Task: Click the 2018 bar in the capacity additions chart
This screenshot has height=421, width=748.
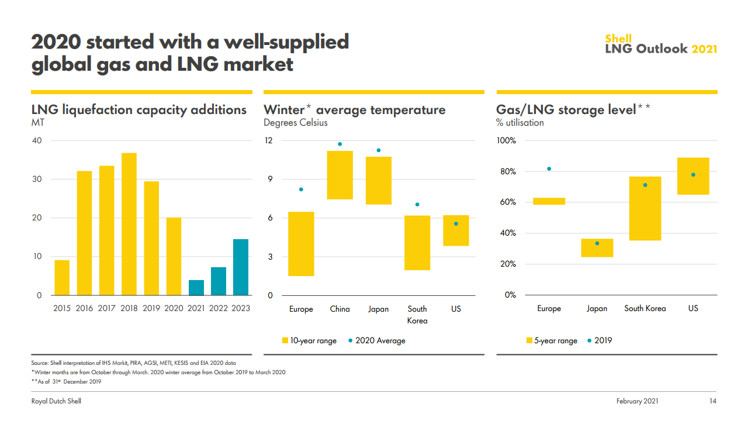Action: coord(129,224)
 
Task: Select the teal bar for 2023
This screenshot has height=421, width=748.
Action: coord(240,267)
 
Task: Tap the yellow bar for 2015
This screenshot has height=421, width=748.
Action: coord(62,278)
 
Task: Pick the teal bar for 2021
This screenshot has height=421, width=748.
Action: coord(196,288)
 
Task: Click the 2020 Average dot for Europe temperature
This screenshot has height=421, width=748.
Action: coord(301,189)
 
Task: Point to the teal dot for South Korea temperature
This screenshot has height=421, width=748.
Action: coord(417,205)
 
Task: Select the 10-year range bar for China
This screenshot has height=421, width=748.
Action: coord(340,175)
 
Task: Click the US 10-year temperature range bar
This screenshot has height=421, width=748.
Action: coord(456,230)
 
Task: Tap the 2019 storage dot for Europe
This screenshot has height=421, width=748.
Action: coord(549,169)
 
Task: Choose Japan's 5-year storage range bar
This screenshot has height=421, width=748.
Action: coord(597,248)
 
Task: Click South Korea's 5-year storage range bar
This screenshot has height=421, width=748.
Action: coord(645,208)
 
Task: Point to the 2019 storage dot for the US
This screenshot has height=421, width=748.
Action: coord(693,175)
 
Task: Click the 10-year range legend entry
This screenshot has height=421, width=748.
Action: coord(309,340)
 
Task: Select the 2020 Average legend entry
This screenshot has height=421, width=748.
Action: coord(376,340)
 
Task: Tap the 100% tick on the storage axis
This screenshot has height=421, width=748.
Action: coord(506,141)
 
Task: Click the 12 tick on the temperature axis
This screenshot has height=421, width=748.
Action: coord(269,141)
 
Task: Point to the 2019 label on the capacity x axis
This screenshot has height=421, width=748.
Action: coord(151,308)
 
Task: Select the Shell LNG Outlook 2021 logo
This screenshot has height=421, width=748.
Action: coord(661,44)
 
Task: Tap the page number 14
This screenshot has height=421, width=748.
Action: coord(712,401)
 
